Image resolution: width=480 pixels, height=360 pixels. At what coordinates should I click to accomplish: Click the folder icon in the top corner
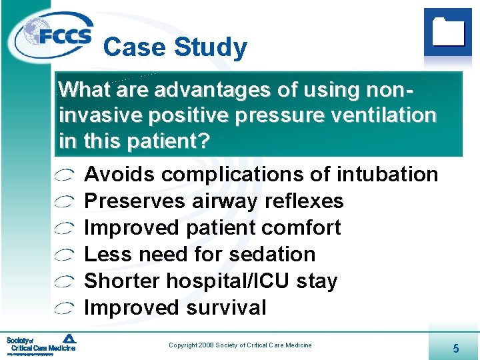coord(447,32)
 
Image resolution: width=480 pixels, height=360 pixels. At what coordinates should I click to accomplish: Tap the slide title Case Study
coord(175,47)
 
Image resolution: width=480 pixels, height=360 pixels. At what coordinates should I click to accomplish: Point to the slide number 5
coord(455,347)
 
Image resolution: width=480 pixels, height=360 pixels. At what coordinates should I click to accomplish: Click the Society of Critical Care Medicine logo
coord(41,344)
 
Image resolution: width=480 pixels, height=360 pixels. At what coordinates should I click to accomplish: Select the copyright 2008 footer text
coord(240,345)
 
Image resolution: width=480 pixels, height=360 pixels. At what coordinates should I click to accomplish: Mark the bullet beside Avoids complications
coord(65,175)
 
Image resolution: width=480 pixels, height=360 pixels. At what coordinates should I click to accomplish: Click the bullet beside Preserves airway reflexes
coord(65,202)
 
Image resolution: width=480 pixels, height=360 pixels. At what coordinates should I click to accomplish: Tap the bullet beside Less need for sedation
coord(65,255)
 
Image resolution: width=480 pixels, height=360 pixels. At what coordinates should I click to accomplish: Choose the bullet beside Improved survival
coord(65,309)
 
